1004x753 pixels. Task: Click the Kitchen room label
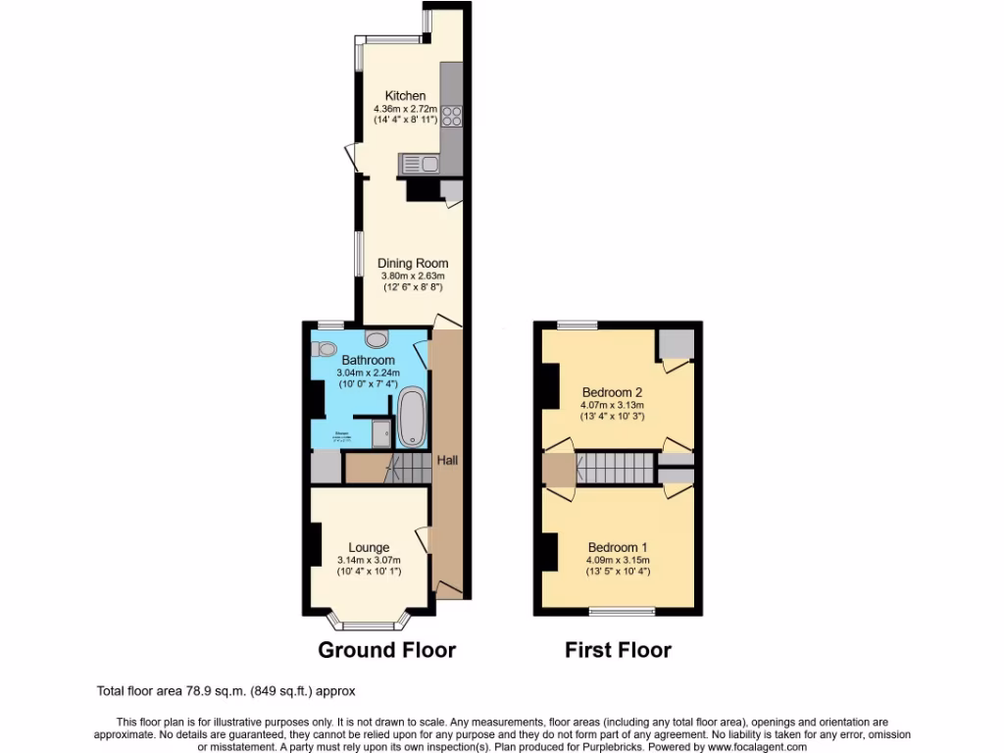tap(405, 95)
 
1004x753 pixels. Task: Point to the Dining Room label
tap(413, 263)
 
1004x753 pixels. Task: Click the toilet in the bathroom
tap(326, 348)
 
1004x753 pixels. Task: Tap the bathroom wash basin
tap(376, 339)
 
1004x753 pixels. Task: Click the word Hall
tap(447, 460)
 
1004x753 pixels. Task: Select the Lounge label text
tap(369, 547)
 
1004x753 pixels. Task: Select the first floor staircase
tap(614, 467)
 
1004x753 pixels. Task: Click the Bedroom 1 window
tap(622, 612)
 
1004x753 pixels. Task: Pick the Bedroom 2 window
tap(577, 325)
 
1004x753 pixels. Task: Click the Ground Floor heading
tap(387, 649)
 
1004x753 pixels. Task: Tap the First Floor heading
tap(618, 649)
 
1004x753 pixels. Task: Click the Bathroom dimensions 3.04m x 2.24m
tap(367, 373)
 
